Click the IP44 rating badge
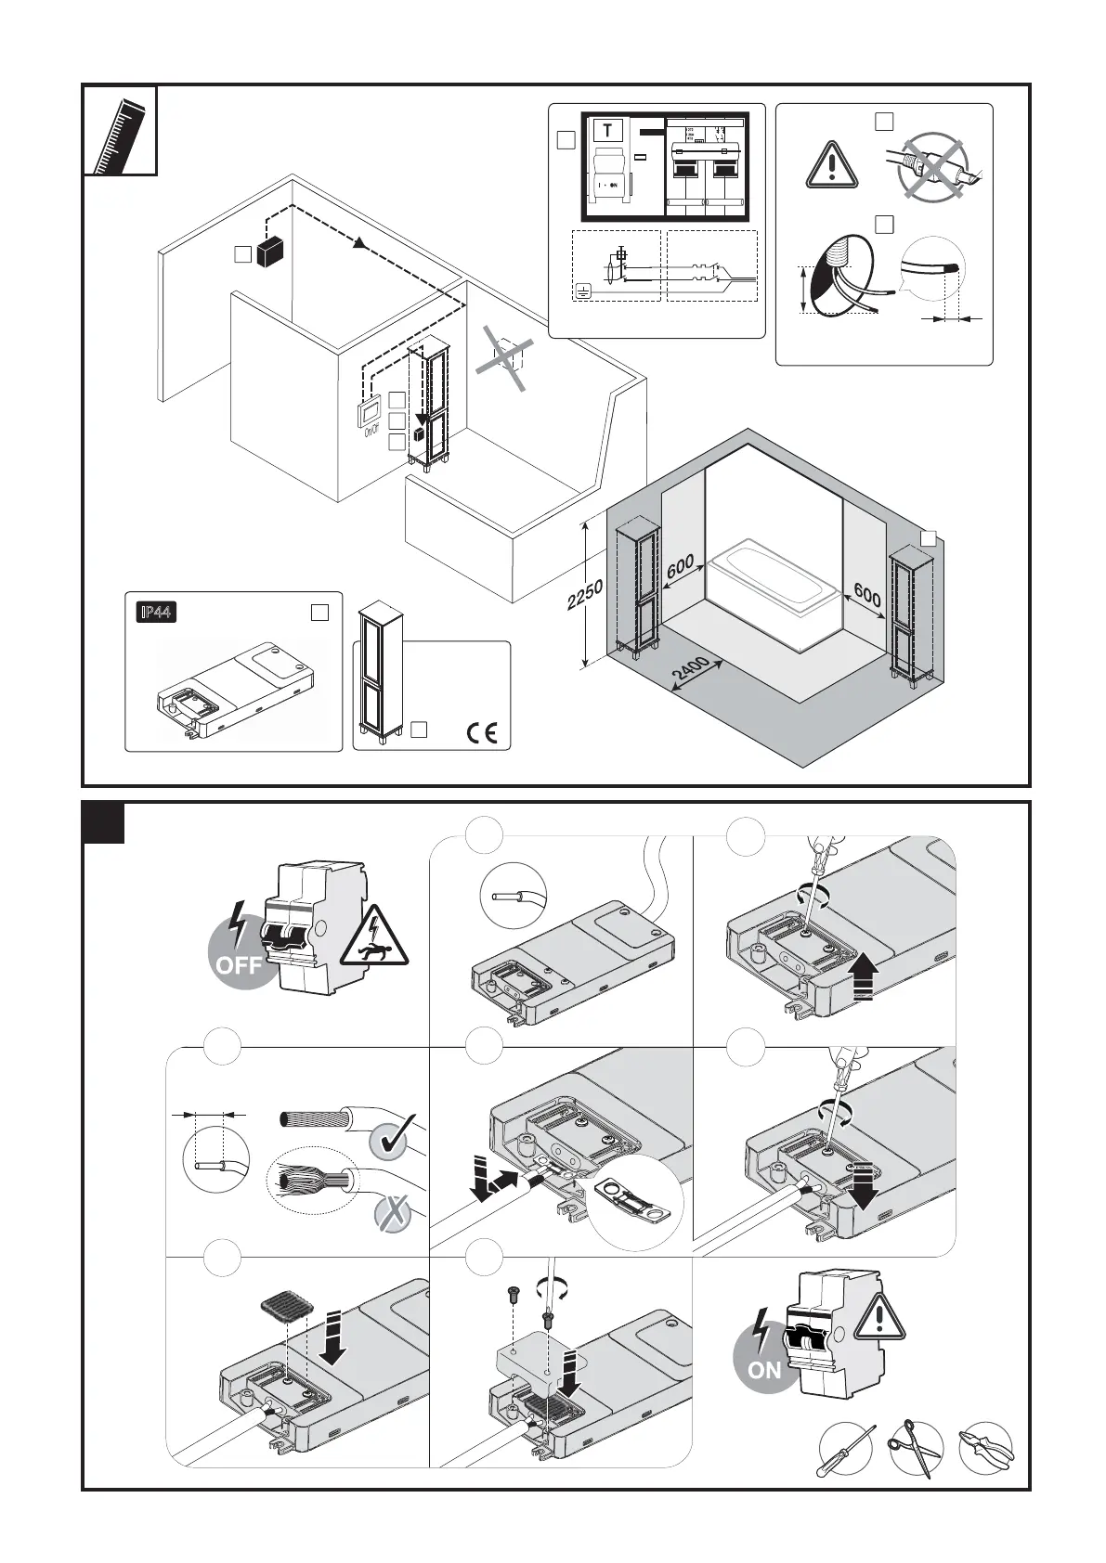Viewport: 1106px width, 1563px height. point(156,613)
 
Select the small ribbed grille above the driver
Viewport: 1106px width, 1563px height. point(286,1309)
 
